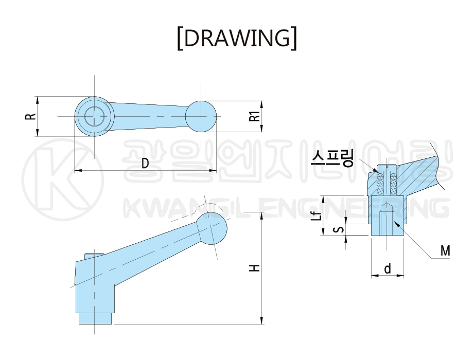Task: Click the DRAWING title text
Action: pos(237,38)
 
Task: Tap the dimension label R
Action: pos(30,117)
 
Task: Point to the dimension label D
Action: pos(146,164)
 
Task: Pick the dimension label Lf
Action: pos(316,215)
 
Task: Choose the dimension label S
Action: pos(340,229)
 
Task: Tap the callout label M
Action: pos(445,250)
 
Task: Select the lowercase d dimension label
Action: pos(388,268)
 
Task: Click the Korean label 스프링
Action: pos(332,158)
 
